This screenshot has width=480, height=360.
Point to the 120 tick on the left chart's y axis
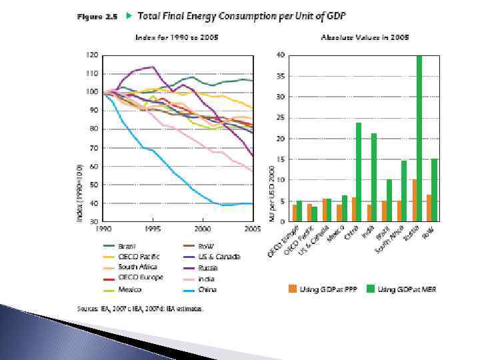point(91,55)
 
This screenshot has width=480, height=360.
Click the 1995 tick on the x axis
point(153,229)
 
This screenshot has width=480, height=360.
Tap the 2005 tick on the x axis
point(252,229)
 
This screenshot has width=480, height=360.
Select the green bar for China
point(358,171)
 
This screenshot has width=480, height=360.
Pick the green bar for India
point(374,177)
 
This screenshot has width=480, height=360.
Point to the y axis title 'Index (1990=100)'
point(80,193)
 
